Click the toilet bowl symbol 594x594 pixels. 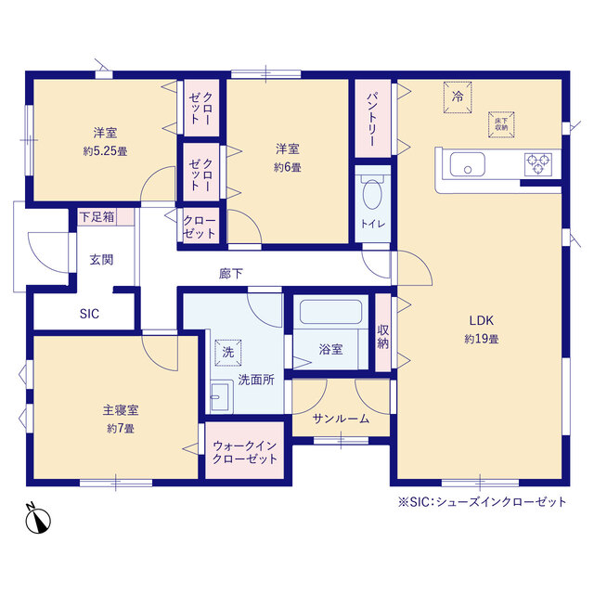[x=371, y=196]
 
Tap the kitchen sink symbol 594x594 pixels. [x=469, y=165]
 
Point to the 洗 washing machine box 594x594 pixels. [x=227, y=353]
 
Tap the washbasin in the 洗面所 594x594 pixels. [x=220, y=397]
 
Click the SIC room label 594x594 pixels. [x=89, y=314]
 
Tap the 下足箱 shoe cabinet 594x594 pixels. [x=97, y=217]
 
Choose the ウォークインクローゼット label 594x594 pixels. [x=245, y=453]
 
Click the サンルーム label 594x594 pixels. [x=342, y=419]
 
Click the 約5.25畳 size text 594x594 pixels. [x=103, y=150]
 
